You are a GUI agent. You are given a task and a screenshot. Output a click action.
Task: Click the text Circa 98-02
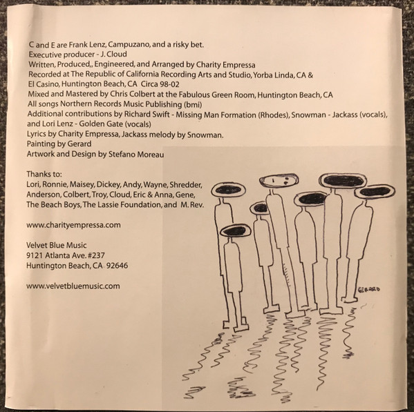160,84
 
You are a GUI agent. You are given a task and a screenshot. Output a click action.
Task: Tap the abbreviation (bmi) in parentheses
192,105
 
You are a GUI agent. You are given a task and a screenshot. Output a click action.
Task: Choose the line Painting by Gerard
59,144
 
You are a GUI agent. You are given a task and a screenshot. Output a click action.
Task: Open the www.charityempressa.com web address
73,225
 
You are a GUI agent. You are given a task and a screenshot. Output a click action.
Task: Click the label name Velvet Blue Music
56,246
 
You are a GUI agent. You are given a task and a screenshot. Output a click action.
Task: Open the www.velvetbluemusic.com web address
73,286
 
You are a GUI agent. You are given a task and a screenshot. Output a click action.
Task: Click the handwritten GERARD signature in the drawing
368,289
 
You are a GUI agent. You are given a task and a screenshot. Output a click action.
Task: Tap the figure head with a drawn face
279,181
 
